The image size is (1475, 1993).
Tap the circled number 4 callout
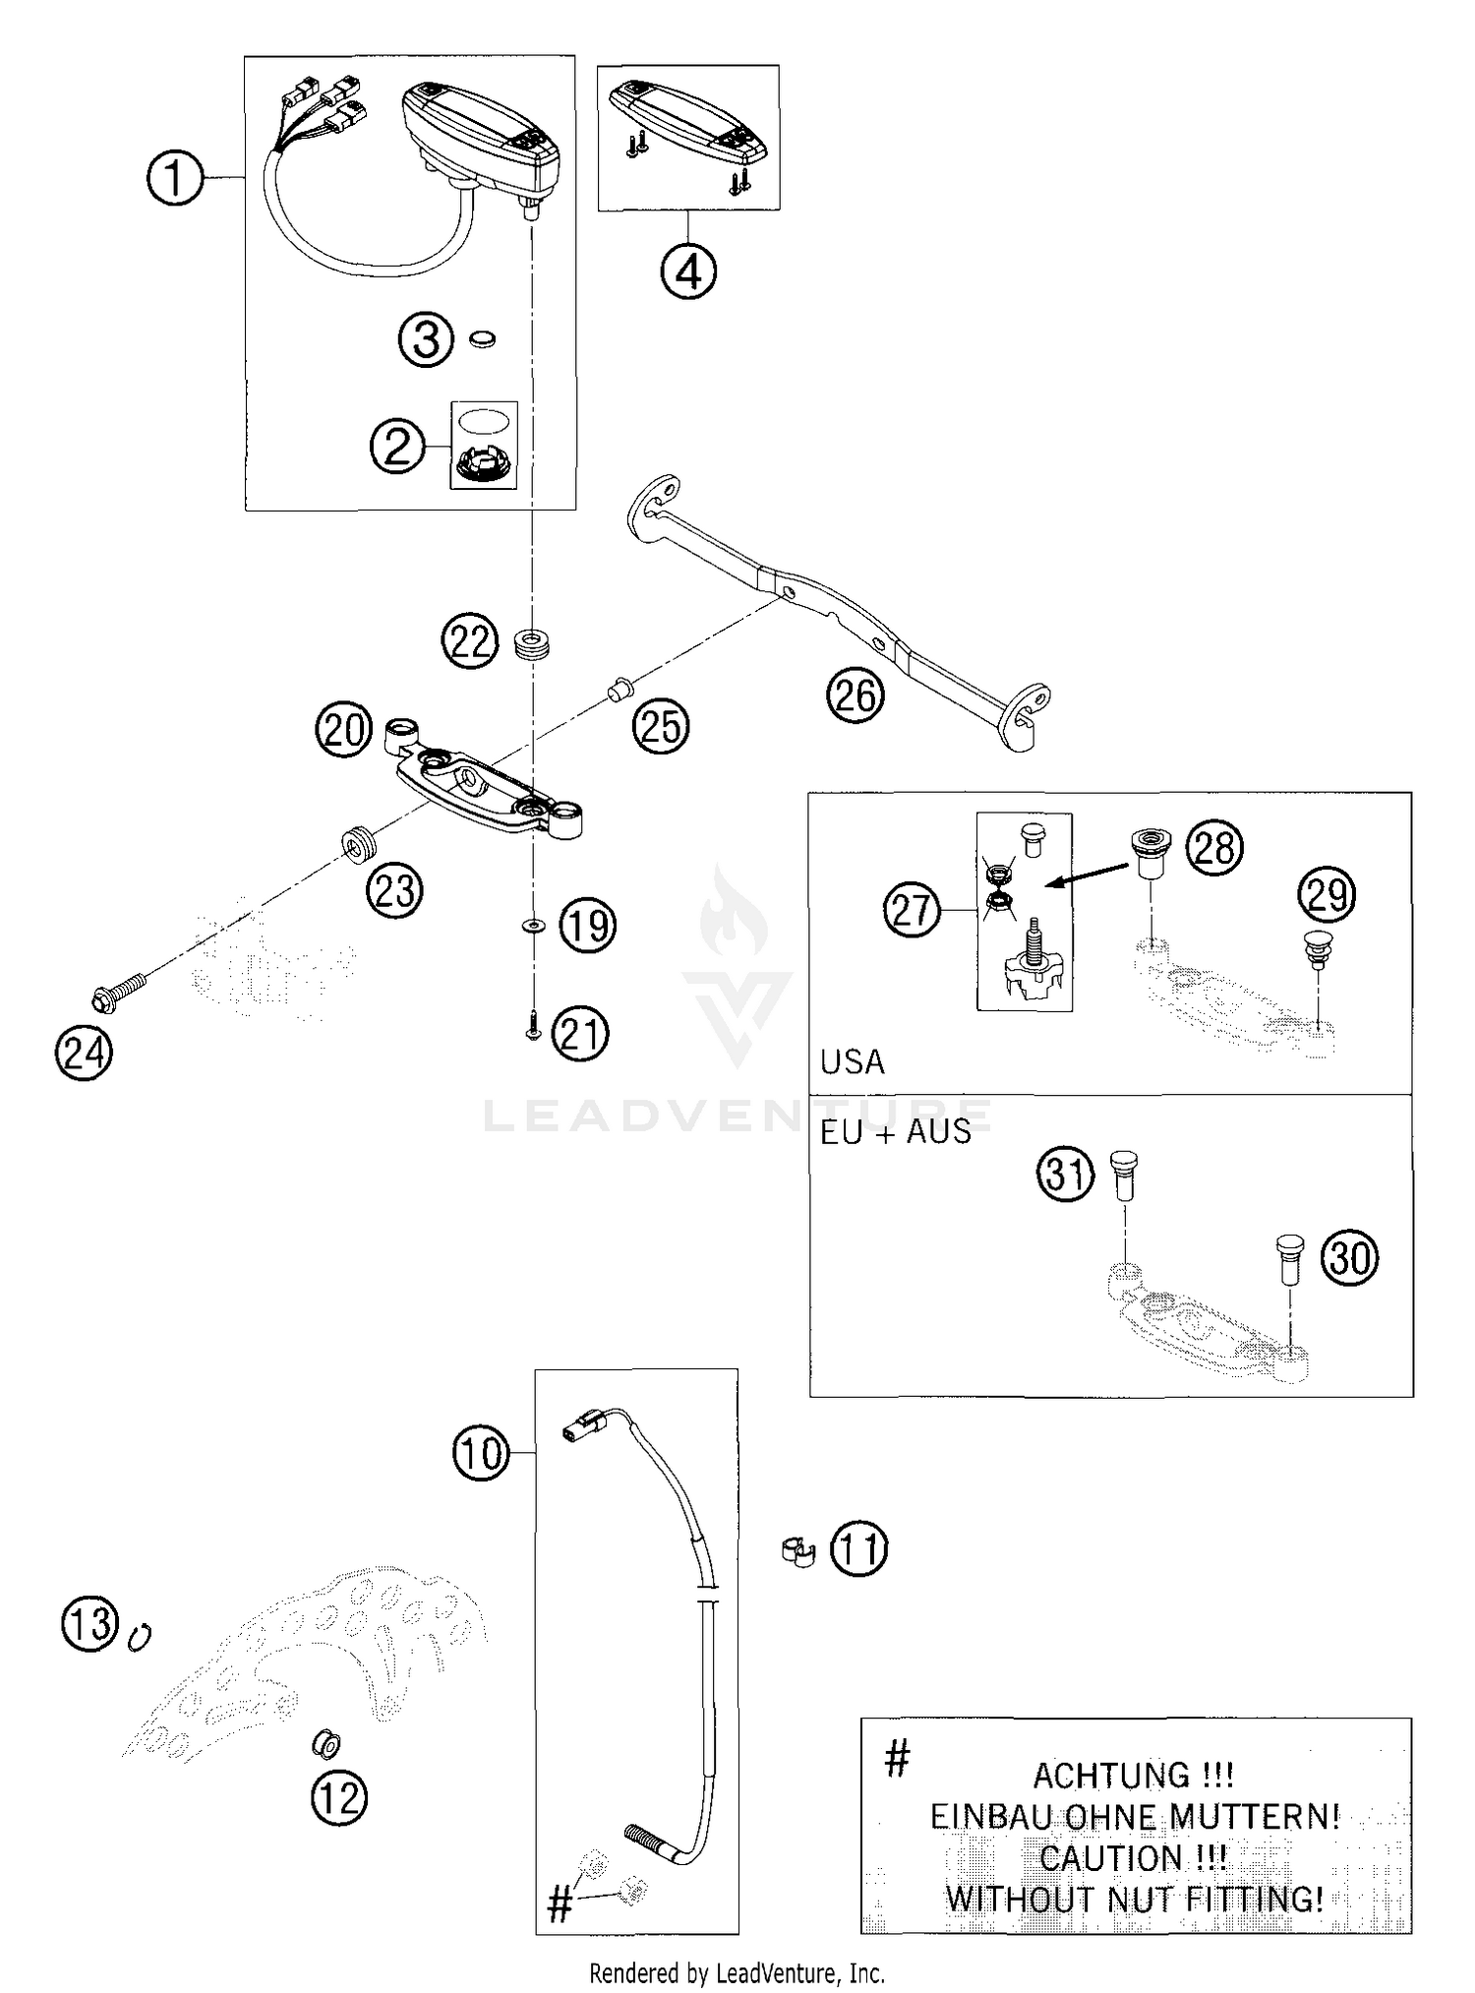[688, 271]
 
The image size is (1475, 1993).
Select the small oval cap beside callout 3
[481, 339]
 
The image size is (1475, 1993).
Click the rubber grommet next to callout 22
[532, 645]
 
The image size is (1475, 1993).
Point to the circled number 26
[855, 695]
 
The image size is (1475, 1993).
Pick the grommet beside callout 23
[359, 844]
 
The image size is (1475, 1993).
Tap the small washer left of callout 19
[533, 925]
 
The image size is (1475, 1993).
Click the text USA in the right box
[852, 1062]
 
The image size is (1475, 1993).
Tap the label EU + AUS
[895, 1132]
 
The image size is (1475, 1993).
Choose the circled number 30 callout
[1349, 1256]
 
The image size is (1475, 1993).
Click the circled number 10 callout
[481, 1453]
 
